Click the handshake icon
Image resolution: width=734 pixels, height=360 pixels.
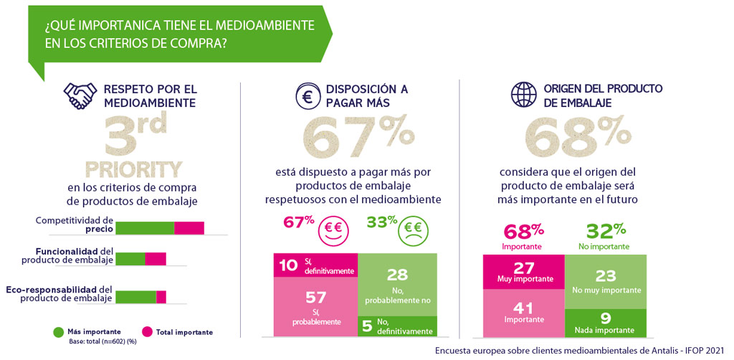[x=80, y=95]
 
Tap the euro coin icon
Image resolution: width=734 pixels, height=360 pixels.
[x=307, y=96]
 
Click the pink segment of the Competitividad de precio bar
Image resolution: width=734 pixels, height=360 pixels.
[x=189, y=228]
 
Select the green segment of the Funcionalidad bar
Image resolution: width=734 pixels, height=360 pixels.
[x=130, y=259]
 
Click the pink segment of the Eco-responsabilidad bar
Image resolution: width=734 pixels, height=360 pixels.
[x=161, y=296]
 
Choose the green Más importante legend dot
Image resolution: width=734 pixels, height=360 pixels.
[x=58, y=332]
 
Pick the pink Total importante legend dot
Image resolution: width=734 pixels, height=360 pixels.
[x=147, y=332]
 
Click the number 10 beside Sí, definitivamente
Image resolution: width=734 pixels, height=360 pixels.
[x=288, y=266]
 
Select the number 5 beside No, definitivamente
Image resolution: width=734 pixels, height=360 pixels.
[x=366, y=327]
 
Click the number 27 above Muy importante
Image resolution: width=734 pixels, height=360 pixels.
[x=524, y=267]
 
